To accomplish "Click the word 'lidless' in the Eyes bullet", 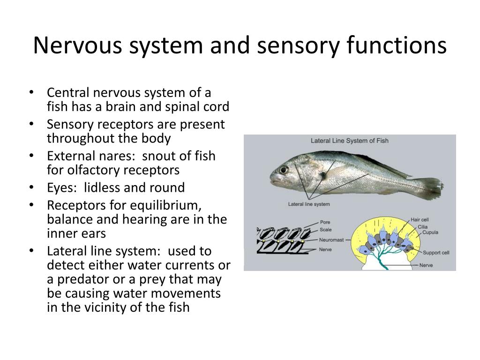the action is pos(104,188).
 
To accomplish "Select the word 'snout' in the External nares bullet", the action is pos(163,156).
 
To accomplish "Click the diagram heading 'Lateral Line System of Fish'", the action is pos(350,141).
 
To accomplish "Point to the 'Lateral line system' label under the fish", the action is pos(309,204).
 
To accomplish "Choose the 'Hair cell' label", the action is pos(420,219).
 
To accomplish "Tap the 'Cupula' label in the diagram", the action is pos(430,232).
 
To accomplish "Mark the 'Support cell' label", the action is pos(435,253).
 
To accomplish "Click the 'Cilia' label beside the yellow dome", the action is pos(423,226).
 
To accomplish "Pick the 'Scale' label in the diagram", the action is pos(326,230).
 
